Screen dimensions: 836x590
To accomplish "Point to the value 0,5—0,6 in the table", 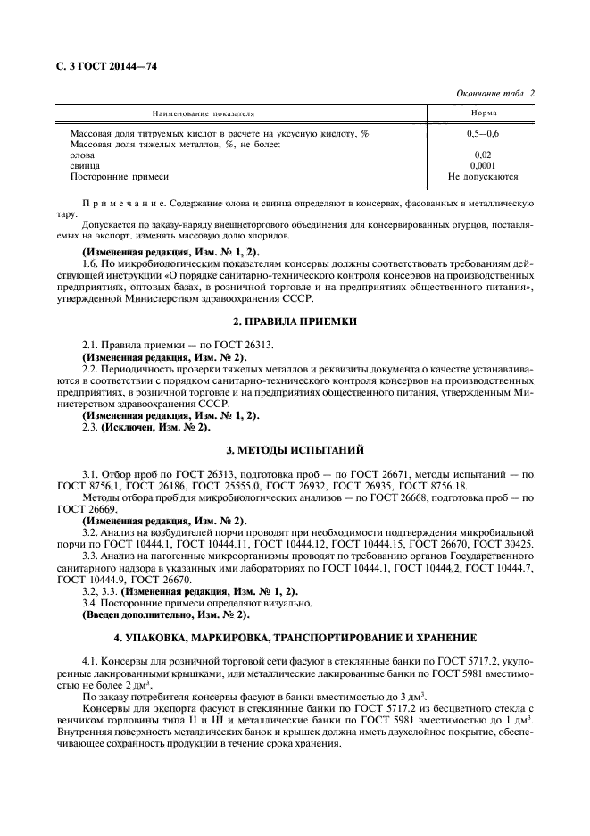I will (483, 133).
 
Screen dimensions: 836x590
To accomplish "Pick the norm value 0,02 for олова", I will (483, 155).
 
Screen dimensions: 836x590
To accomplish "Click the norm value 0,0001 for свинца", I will (483, 165).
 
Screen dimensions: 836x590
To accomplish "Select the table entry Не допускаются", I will (483, 177).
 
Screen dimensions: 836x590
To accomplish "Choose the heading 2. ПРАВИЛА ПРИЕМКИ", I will (295, 320).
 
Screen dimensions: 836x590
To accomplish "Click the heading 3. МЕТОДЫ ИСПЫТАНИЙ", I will (295, 447).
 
